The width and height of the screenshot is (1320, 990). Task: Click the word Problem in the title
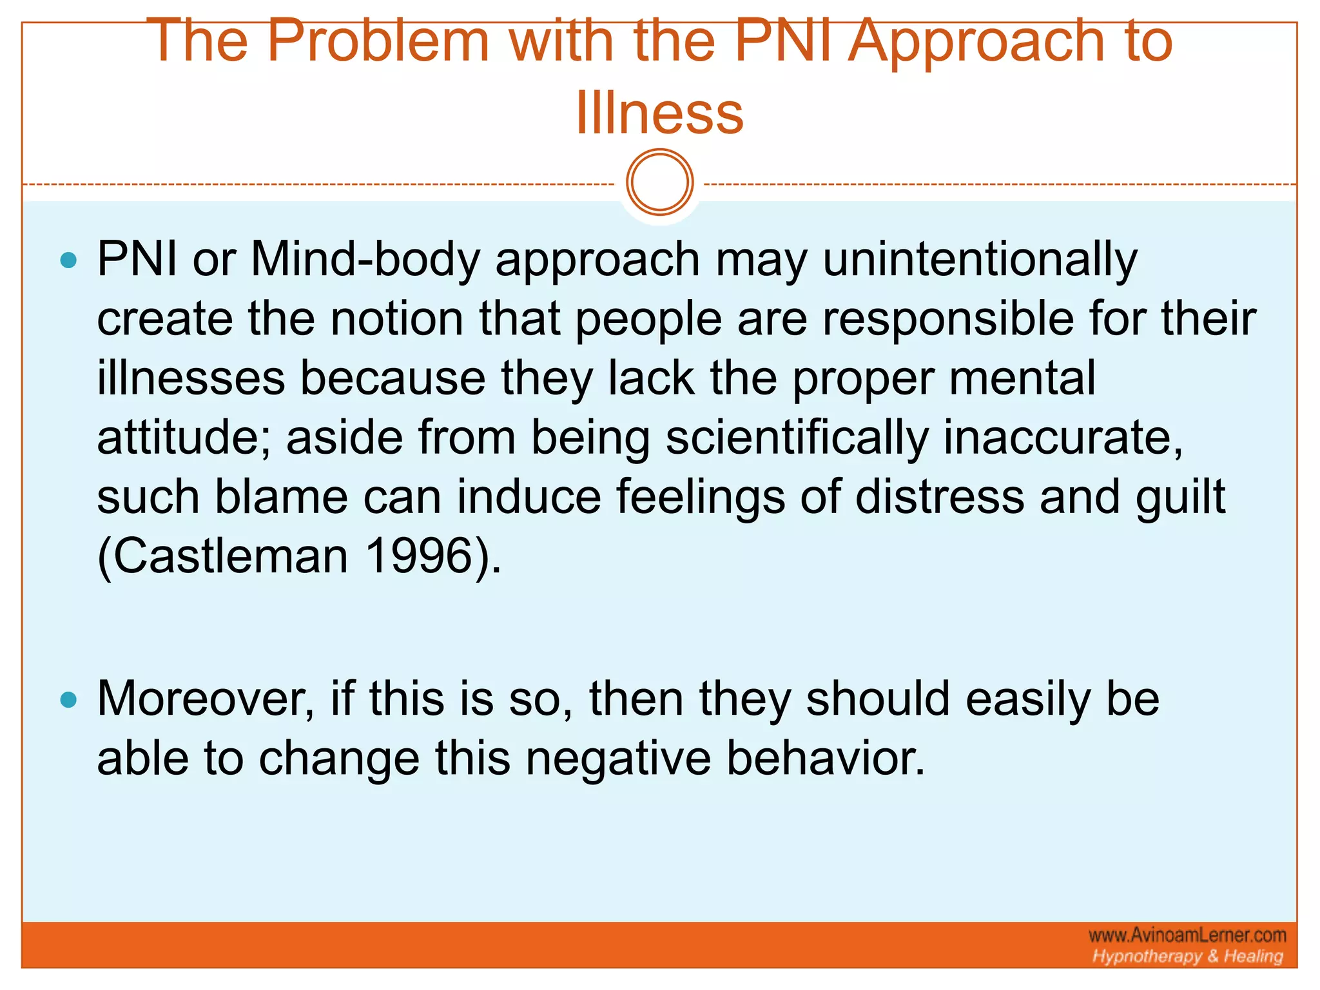(378, 41)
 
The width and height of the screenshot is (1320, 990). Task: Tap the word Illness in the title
(659, 113)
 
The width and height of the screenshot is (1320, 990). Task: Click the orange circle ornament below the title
(659, 182)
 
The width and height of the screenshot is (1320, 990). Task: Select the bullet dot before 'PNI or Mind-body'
(68, 260)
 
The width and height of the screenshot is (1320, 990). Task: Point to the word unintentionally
(980, 259)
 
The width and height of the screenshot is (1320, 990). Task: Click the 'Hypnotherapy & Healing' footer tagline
(1187, 956)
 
